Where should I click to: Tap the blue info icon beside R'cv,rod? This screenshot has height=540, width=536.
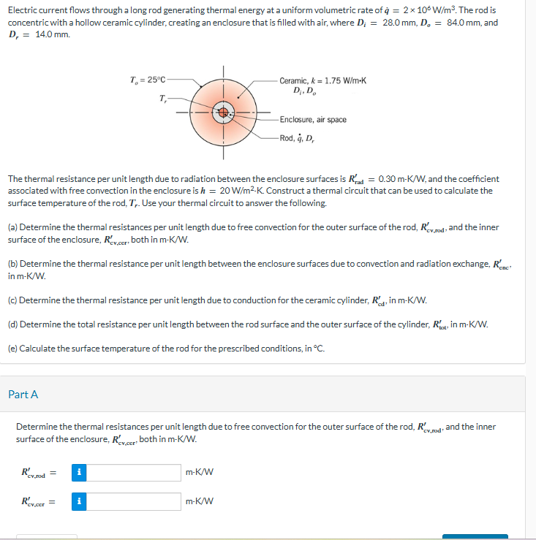[79, 473]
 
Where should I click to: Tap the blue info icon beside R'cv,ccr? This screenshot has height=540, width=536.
[79, 501]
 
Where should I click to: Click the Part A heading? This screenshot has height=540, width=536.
[23, 395]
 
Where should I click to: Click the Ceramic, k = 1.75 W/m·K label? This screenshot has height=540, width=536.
[322, 79]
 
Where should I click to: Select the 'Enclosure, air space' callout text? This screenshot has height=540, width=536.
[313, 119]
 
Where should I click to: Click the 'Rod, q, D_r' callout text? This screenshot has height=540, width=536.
[299, 138]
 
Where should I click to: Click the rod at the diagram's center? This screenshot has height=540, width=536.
[223, 113]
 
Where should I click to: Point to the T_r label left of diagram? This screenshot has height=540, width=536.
[162, 98]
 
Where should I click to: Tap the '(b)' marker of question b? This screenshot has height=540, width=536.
[13, 263]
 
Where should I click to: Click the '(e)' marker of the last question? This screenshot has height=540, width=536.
[13, 348]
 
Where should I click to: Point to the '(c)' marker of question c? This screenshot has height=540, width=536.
[13, 300]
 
